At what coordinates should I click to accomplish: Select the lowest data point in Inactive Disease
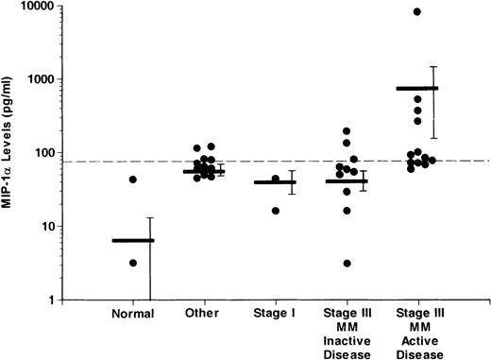tap(347, 263)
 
